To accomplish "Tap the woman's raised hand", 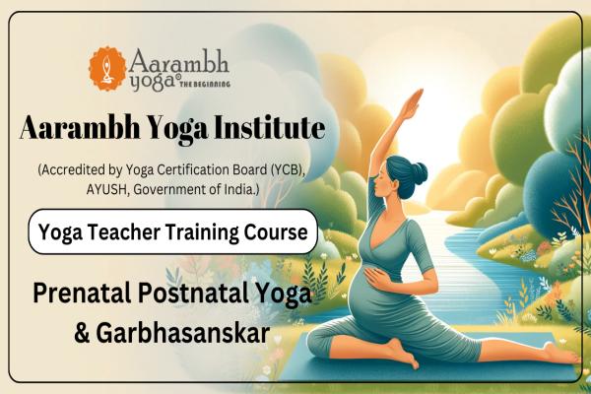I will click(x=418, y=98).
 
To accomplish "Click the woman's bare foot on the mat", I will click(x=398, y=351).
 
